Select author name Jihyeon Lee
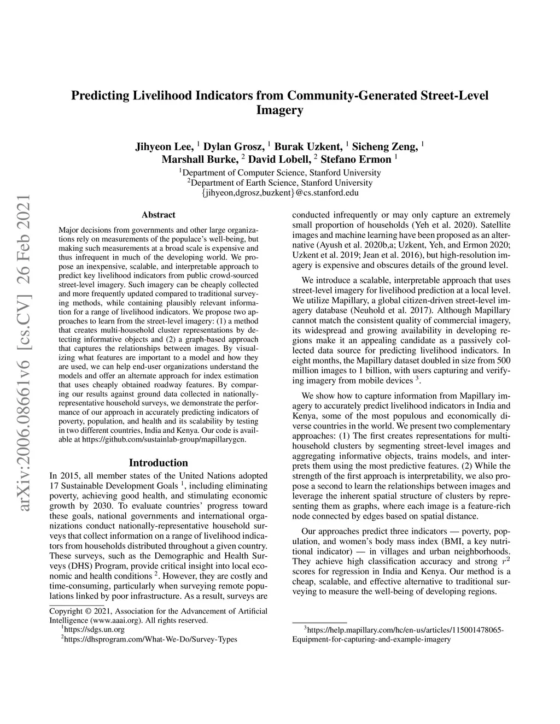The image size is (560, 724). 164,146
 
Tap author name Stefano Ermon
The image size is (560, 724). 356,160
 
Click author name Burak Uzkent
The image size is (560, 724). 308,146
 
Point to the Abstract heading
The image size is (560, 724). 158,215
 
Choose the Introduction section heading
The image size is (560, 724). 158,463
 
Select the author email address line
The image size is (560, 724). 279,193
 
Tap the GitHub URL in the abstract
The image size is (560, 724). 164,438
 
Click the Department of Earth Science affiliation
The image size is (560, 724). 279,183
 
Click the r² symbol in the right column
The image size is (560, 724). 506,561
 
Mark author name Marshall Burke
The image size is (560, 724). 200,160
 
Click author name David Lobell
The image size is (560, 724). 280,160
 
